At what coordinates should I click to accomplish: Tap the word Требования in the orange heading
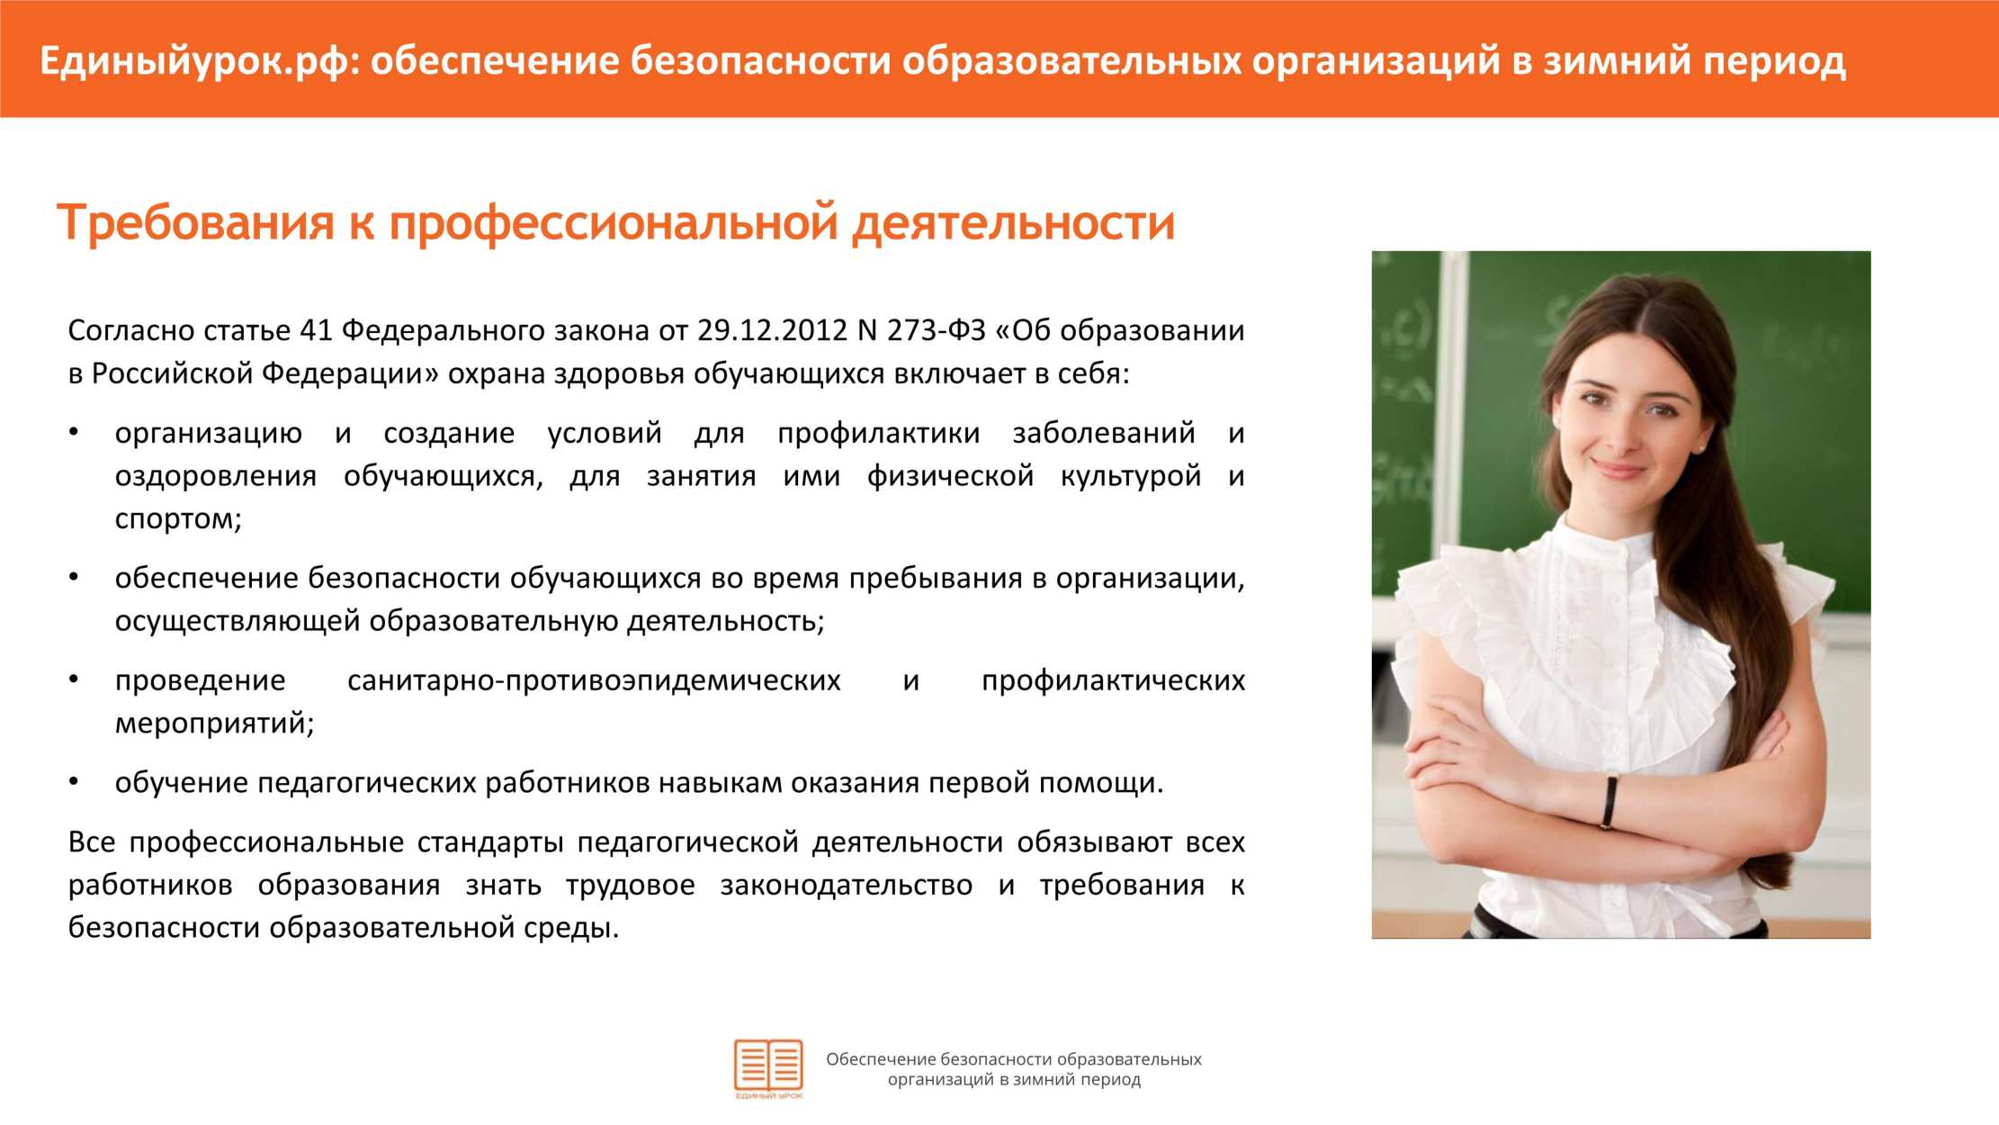[x=194, y=221]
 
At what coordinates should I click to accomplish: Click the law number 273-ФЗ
[x=937, y=330]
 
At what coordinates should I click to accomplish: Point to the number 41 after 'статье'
[x=316, y=330]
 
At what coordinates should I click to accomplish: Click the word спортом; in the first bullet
[x=178, y=519]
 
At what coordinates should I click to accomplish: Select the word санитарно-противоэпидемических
[x=594, y=680]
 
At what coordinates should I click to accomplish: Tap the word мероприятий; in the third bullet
[x=214, y=724]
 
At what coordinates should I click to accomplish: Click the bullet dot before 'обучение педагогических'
[x=75, y=782]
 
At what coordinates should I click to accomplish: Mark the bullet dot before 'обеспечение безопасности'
[x=75, y=577]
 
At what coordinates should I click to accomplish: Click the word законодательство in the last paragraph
[x=846, y=885]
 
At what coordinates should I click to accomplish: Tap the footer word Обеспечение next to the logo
[x=881, y=1059]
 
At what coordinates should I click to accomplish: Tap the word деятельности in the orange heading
[x=1013, y=221]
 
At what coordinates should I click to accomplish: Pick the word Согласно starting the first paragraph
[x=132, y=330]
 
